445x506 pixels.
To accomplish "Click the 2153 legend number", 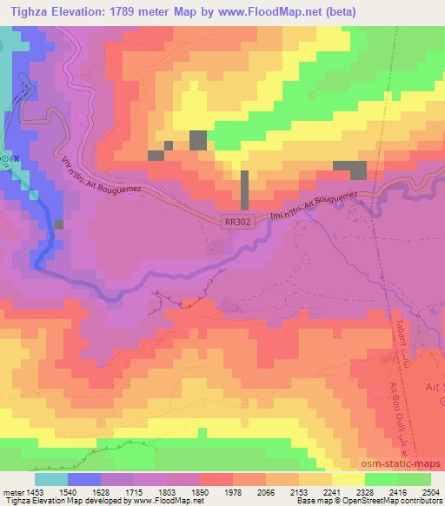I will [296, 492].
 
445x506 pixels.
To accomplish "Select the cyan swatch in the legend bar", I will [50, 479].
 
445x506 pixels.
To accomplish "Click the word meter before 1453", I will [10, 492].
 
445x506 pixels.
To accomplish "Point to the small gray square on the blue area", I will [59, 224].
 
